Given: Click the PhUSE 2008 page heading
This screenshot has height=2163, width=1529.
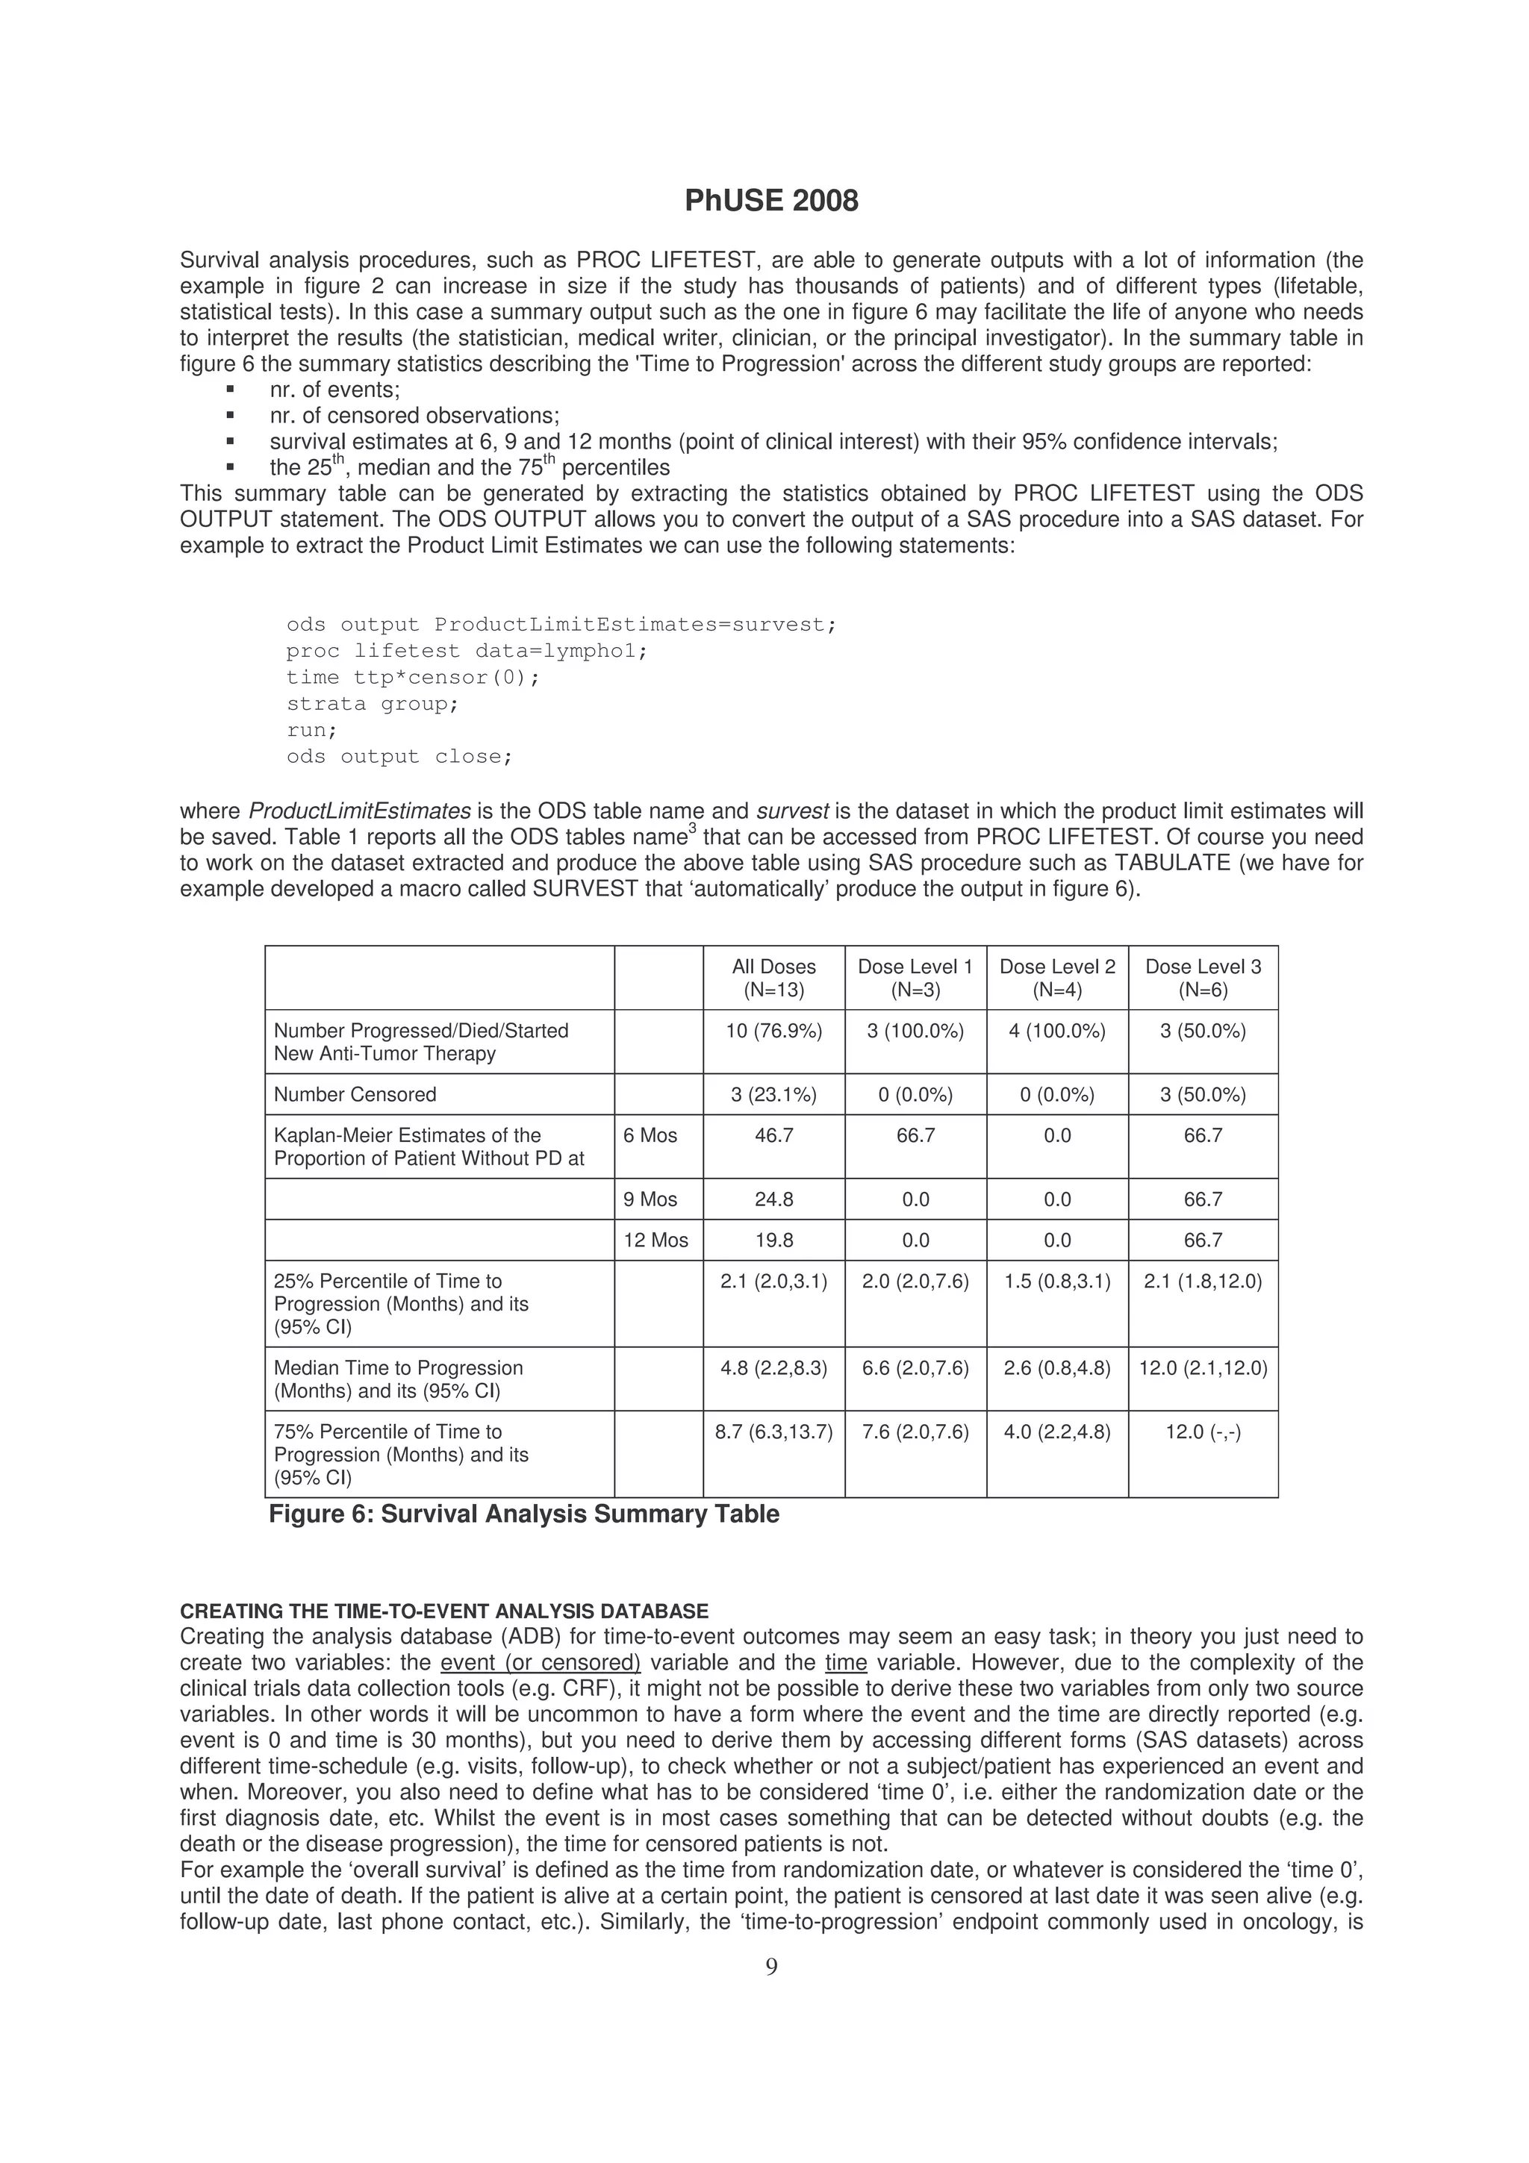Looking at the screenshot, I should (770, 201).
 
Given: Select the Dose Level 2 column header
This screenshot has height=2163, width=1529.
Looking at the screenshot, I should (1057, 978).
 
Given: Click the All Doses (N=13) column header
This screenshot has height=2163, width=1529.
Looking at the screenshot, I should (773, 978).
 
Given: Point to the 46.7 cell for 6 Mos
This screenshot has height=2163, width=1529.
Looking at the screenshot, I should (773, 1135).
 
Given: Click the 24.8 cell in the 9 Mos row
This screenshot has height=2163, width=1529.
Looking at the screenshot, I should (773, 1199).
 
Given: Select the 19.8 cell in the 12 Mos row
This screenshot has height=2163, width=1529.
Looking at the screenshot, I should (773, 1240).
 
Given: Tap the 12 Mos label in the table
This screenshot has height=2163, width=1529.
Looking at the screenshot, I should (655, 1240).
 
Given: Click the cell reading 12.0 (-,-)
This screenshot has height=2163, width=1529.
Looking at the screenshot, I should (1203, 1432).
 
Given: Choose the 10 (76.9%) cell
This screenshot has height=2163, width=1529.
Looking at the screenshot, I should (773, 1031).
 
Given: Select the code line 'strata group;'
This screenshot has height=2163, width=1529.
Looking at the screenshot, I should (372, 704).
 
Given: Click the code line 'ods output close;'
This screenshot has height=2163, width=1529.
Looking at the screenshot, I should (399, 757).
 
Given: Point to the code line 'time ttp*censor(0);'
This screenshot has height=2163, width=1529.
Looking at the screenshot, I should (413, 678).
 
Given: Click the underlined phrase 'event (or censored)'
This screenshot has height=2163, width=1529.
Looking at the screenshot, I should (540, 1663).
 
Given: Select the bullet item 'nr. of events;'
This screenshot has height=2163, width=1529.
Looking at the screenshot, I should (334, 390).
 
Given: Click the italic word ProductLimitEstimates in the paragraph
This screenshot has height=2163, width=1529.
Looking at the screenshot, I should (359, 811).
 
